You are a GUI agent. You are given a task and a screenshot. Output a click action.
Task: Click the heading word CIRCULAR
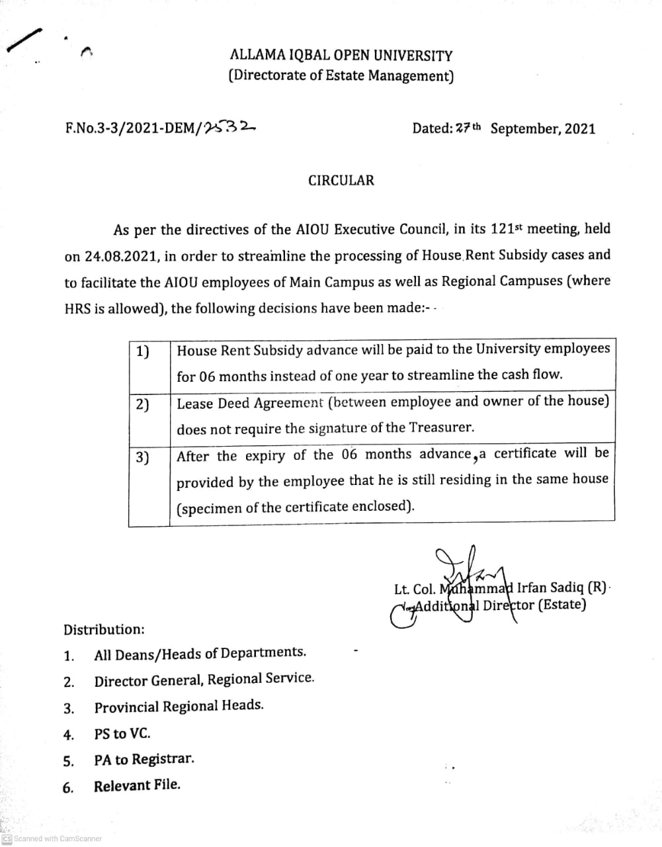coord(341,180)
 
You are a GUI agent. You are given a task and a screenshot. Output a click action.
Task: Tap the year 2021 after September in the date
coord(579,128)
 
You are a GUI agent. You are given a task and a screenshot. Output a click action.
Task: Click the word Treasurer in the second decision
coord(441,427)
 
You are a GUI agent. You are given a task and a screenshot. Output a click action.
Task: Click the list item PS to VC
coord(122,734)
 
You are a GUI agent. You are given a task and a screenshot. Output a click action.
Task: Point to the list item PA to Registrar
coord(144,760)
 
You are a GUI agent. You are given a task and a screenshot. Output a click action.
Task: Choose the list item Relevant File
coord(137,786)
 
